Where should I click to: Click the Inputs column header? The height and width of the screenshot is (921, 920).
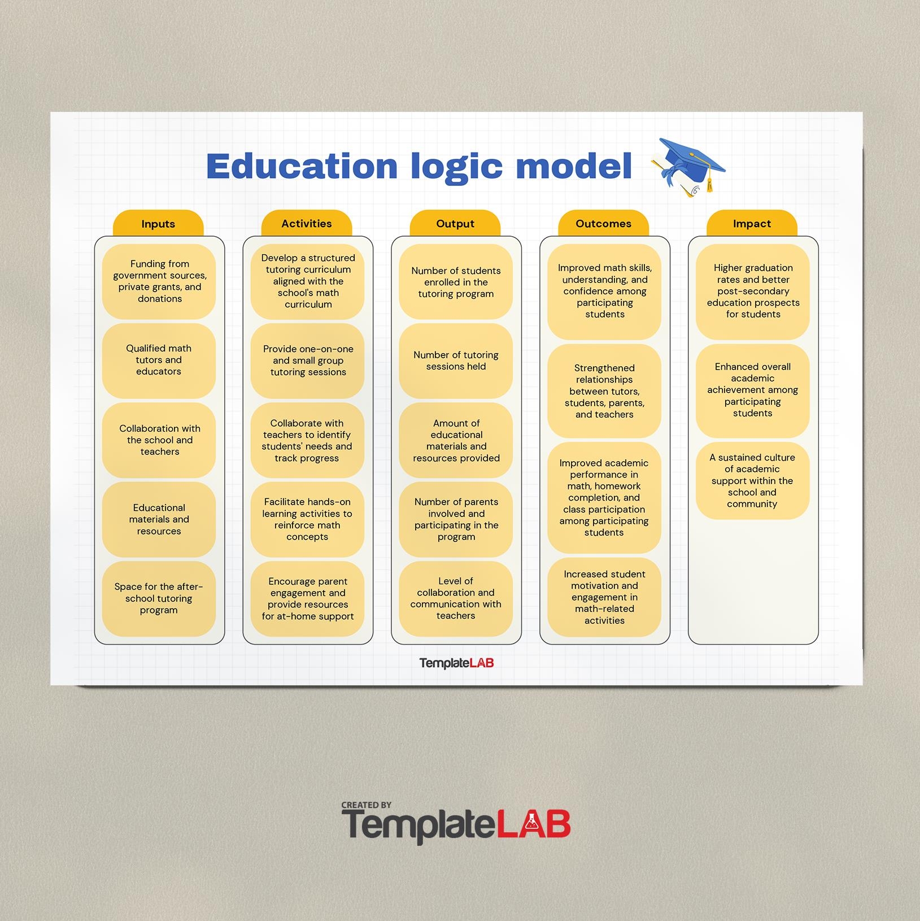click(x=158, y=224)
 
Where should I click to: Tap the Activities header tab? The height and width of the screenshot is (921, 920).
click(x=307, y=224)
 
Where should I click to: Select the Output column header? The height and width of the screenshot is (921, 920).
click(x=455, y=224)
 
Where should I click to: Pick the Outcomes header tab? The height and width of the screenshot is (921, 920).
click(x=603, y=224)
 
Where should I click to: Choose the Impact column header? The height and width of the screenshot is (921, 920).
click(x=752, y=224)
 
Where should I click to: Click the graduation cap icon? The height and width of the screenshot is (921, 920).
click(x=688, y=167)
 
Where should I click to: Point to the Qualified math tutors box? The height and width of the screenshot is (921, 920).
click(x=159, y=360)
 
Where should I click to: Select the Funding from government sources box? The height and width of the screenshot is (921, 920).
click(x=159, y=281)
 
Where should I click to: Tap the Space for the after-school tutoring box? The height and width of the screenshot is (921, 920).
click(x=159, y=599)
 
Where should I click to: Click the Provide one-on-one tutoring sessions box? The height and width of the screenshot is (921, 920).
click(x=307, y=360)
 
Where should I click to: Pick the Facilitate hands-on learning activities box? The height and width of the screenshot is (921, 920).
click(x=307, y=519)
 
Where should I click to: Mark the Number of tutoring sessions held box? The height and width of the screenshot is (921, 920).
click(x=456, y=360)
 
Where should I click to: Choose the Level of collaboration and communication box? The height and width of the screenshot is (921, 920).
click(x=456, y=599)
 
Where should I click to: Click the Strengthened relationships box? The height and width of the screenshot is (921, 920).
click(x=604, y=391)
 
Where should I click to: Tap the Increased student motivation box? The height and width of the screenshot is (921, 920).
click(x=604, y=597)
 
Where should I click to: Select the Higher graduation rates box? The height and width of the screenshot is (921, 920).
click(x=753, y=292)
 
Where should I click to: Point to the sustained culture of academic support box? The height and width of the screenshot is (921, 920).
click(x=753, y=481)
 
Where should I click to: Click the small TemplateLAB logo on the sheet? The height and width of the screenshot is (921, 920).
click(x=456, y=663)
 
